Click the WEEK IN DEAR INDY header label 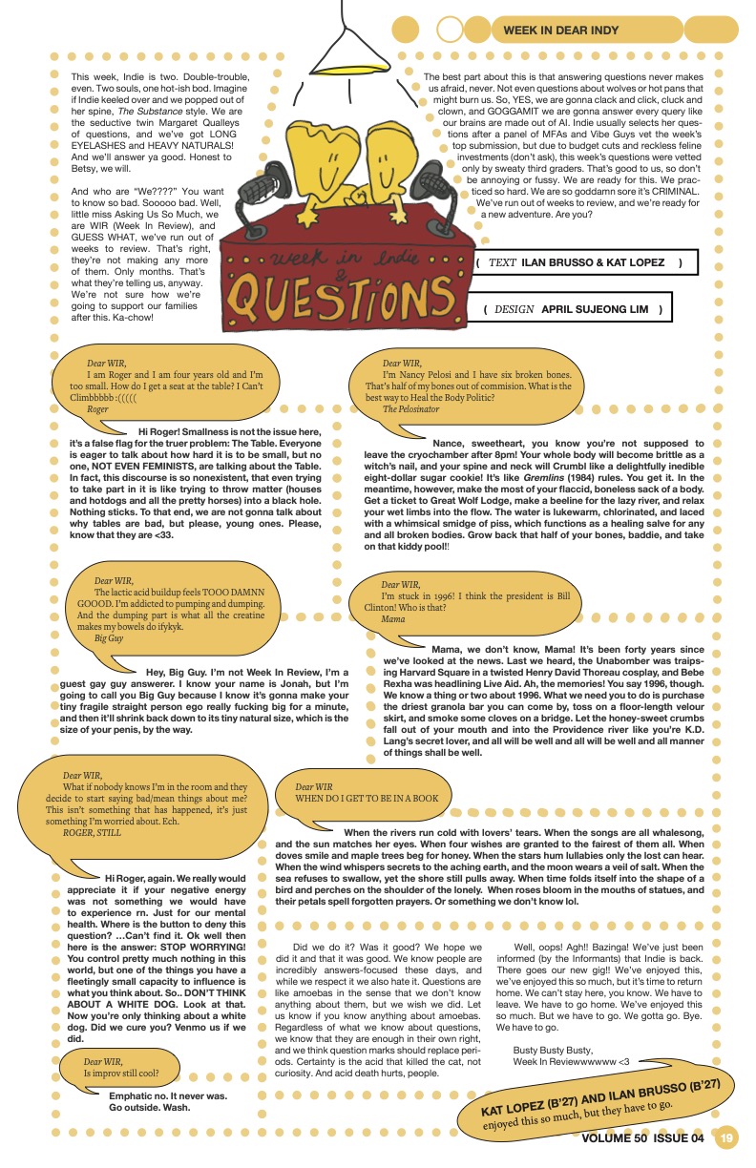pos(560,31)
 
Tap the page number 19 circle pos(727,1137)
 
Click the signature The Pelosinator pos(410,409)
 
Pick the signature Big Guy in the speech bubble pos(108,638)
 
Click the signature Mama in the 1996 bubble pos(392,619)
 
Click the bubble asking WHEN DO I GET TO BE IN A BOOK pos(367,797)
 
